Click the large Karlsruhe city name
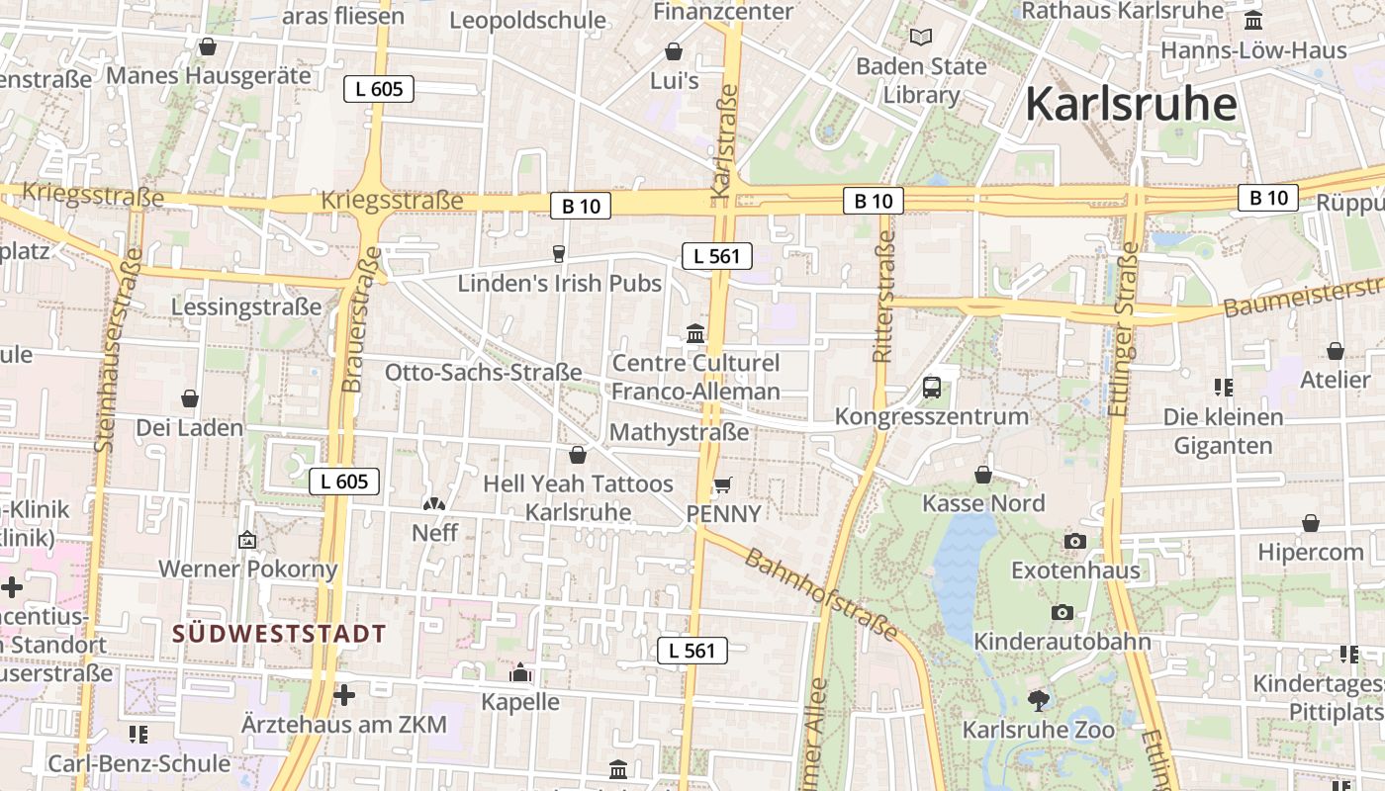pyautogui.click(x=1131, y=104)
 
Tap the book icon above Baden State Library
pyautogui.click(x=921, y=38)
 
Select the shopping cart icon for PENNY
pyautogui.click(x=723, y=484)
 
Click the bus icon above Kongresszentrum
pyautogui.click(x=931, y=388)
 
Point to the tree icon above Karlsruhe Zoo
pyautogui.click(x=1039, y=701)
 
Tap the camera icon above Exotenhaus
pyautogui.click(x=1075, y=541)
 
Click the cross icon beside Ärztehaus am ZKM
pyautogui.click(x=344, y=695)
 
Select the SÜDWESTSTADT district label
pyautogui.click(x=280, y=634)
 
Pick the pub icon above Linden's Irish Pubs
pyautogui.click(x=559, y=254)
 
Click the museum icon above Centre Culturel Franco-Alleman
pyautogui.click(x=695, y=333)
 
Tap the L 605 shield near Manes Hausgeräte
pyautogui.click(x=379, y=89)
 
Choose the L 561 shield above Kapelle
pyautogui.click(x=692, y=651)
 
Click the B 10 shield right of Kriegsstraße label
pyautogui.click(x=581, y=206)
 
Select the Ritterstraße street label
pyautogui.click(x=883, y=296)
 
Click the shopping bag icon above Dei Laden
pyautogui.click(x=190, y=398)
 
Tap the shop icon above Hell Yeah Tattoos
pyautogui.click(x=578, y=455)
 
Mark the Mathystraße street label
pyautogui.click(x=679, y=432)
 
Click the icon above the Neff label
pyautogui.click(x=433, y=504)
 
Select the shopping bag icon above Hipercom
pyautogui.click(x=1311, y=522)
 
